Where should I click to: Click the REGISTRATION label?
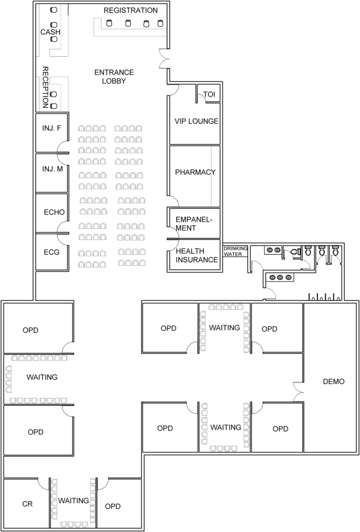[x=130, y=11]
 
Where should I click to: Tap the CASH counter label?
[x=50, y=32]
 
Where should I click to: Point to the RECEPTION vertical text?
[x=45, y=87]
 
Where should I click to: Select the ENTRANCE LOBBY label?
[x=114, y=77]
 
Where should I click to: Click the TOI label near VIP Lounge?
[x=209, y=95]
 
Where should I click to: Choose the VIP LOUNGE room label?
[x=197, y=121]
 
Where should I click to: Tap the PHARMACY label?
[x=196, y=172]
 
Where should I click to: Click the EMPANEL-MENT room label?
[x=193, y=224]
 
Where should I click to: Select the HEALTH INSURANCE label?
[x=197, y=255]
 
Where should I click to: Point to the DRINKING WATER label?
[x=235, y=252]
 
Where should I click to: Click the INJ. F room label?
[x=52, y=128]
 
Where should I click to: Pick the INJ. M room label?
[x=53, y=169]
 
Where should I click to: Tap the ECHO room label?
[x=54, y=212]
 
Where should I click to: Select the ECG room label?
[x=52, y=252]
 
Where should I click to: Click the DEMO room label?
[x=334, y=381]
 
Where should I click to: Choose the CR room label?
[x=27, y=504]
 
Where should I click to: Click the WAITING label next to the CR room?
[x=74, y=500]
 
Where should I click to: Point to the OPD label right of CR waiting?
[x=113, y=506]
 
